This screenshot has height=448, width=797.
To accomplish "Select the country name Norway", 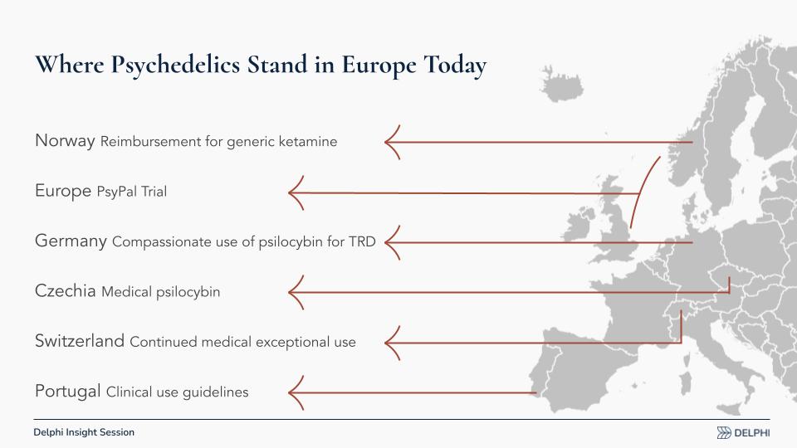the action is click(65, 141).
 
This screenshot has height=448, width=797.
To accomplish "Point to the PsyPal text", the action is click(116, 192).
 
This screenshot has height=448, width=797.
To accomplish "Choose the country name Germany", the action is click(71, 241).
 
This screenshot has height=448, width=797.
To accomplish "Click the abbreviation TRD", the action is click(362, 241).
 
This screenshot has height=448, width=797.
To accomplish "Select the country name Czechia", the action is click(65, 291).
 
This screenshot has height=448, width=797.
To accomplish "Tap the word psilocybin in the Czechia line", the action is click(188, 292).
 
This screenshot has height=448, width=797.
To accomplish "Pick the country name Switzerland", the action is click(80, 341).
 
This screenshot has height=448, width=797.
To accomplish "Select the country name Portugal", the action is click(67, 391).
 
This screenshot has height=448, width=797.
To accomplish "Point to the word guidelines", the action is click(216, 392).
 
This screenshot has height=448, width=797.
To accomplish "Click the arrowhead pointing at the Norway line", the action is click(392, 142).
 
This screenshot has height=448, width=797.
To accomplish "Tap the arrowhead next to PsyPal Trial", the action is click(296, 193).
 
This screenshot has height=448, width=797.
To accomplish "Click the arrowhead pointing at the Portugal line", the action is click(296, 393).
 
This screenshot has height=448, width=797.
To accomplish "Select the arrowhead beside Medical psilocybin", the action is click(296, 293).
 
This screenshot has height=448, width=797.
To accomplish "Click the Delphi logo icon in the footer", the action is click(724, 433).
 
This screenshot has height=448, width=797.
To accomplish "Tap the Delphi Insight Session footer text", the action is click(84, 432).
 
